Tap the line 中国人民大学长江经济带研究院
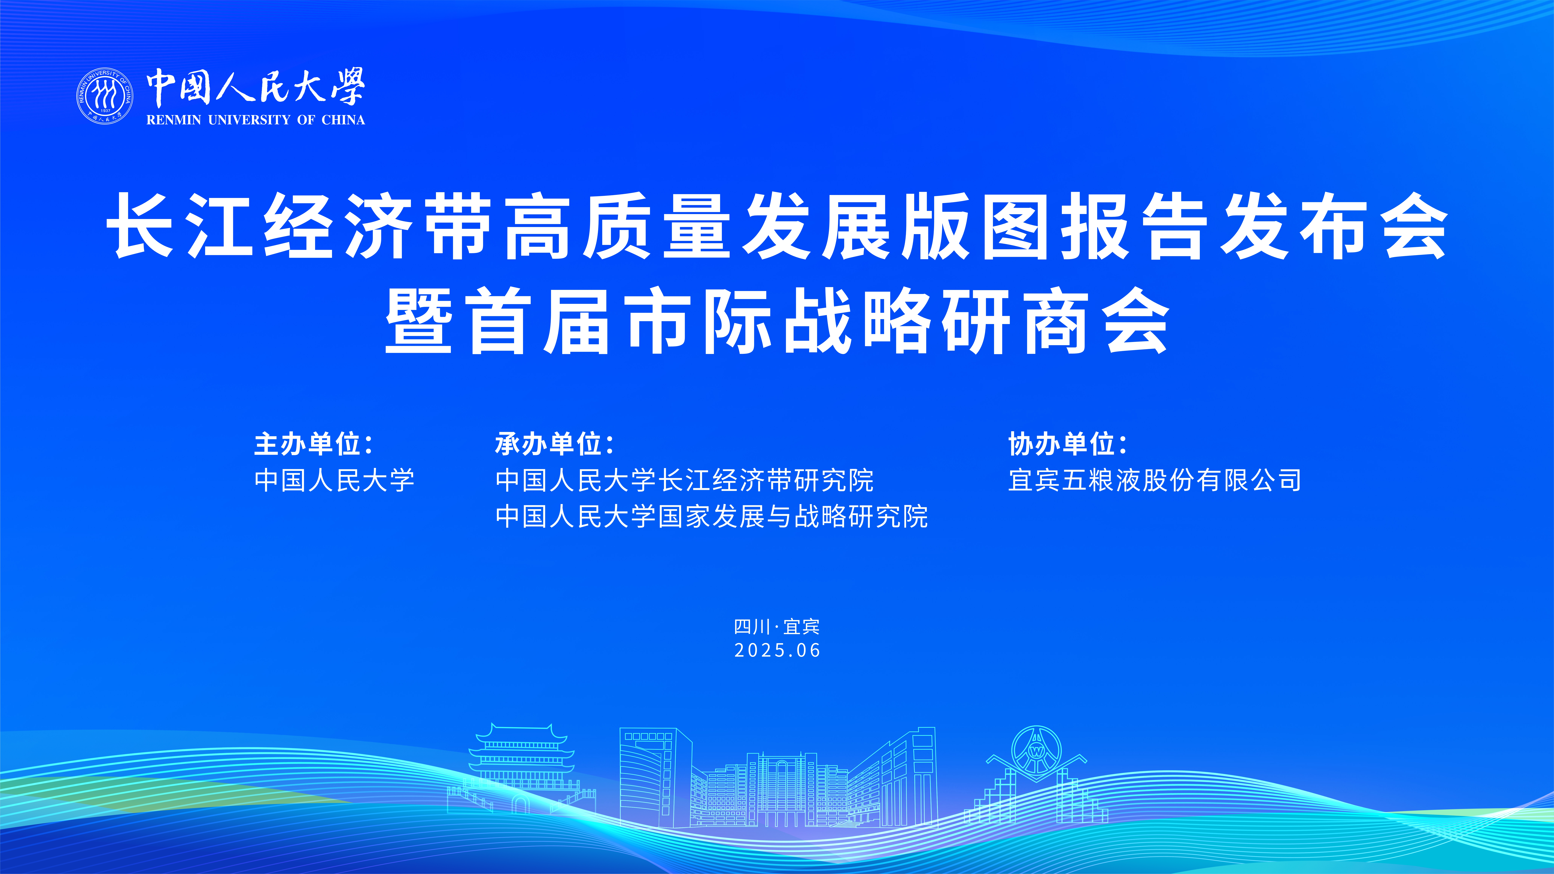tap(685, 481)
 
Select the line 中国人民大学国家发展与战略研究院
tap(712, 517)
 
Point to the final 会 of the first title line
tap(1415, 226)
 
